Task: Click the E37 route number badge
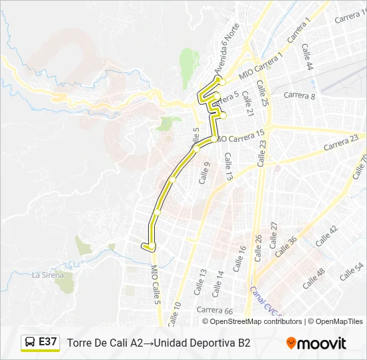[48, 342]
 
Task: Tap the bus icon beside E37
[31, 343]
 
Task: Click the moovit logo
[316, 343]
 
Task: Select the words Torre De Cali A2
[105, 343]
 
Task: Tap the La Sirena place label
[48, 275]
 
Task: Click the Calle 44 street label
[307, 57]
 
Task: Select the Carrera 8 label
[299, 95]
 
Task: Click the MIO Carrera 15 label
[241, 136]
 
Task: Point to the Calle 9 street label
[204, 173]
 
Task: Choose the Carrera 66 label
[214, 311]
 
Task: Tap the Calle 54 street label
[351, 271]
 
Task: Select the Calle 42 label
[327, 236]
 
